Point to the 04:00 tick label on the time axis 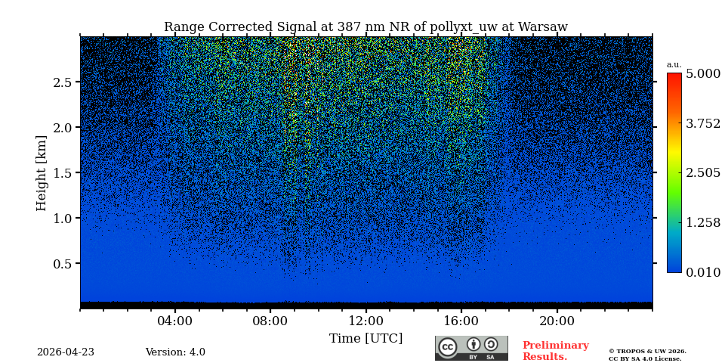click(175, 321)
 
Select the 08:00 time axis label click(270, 321)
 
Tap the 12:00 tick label click(366, 321)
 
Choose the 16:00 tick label click(461, 321)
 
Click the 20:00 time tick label click(557, 321)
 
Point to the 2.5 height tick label click(62, 82)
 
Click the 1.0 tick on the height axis click(62, 219)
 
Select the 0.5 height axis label click(62, 264)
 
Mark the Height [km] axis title click(42, 172)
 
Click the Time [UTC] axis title click(366, 338)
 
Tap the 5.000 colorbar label click(702, 74)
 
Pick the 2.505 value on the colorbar click(702, 173)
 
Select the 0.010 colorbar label click(702, 272)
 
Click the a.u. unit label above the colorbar click(674, 65)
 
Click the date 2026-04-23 click(66, 352)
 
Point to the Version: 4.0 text click(175, 352)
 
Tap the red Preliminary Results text click(555, 351)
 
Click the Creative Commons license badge click(471, 348)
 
